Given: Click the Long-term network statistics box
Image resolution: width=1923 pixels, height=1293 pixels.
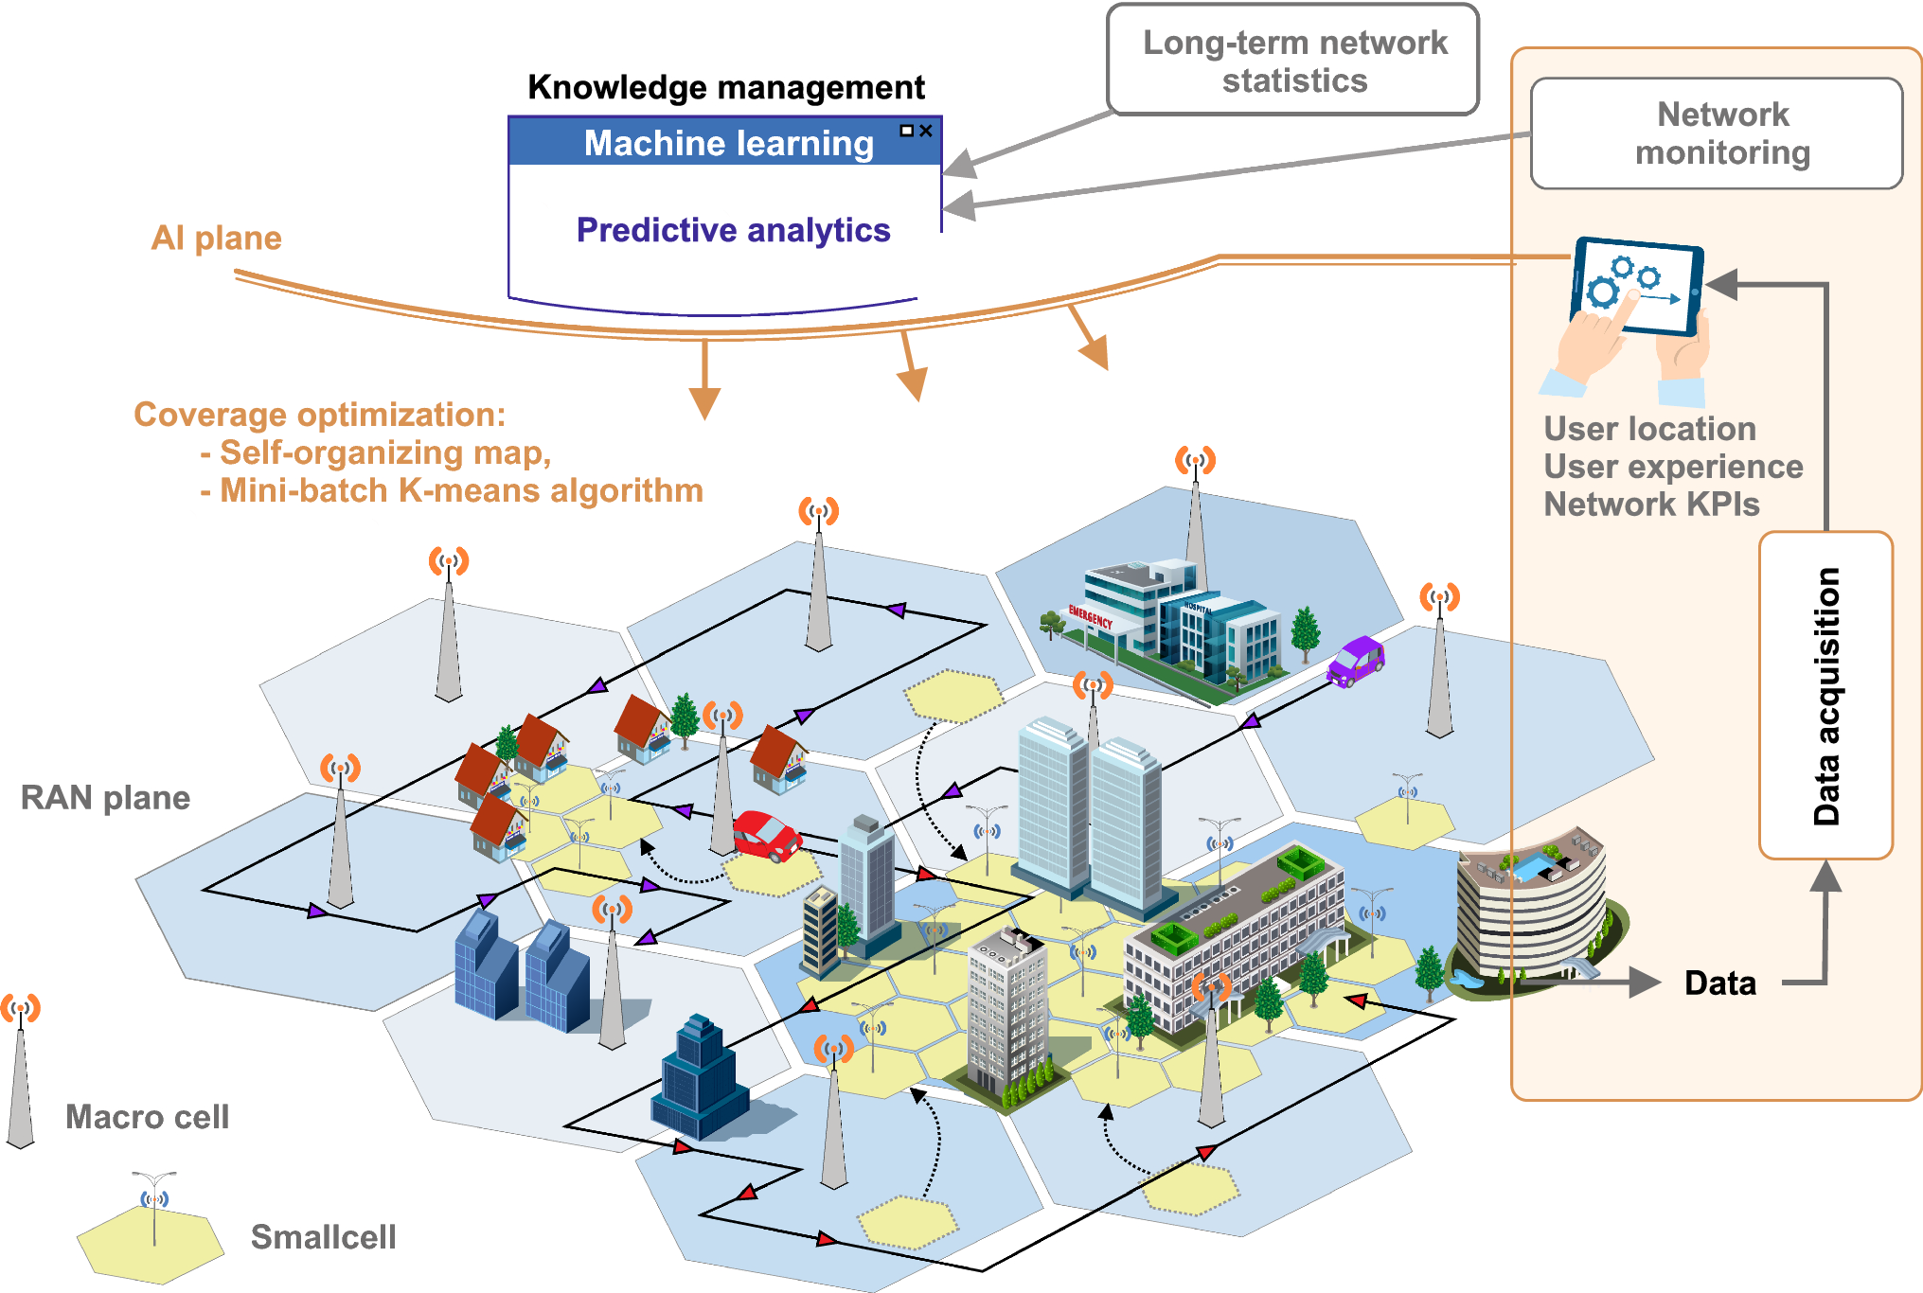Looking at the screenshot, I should (1293, 61).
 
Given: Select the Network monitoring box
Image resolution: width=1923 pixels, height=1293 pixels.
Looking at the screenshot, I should (1716, 133).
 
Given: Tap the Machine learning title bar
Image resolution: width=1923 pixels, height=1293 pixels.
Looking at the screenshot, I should (725, 143).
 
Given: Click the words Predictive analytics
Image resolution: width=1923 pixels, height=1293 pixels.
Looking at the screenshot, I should (733, 230).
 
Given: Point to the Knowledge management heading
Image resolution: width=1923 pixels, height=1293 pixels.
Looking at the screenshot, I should (725, 87).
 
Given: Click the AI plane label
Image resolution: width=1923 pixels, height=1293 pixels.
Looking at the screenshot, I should (217, 238).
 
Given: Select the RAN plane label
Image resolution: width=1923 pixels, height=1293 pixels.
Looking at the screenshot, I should (105, 798).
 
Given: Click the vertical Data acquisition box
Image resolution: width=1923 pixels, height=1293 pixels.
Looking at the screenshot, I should (1825, 696).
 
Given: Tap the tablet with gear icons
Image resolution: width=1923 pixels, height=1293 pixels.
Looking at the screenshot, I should (1636, 287).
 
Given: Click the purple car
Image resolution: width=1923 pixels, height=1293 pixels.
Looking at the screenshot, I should (1356, 661).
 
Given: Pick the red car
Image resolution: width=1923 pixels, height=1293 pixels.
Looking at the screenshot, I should (766, 835).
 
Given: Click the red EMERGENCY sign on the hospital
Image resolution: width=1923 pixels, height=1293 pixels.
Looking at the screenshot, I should (1090, 617).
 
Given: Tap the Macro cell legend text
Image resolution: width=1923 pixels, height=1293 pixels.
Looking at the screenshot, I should (147, 1117).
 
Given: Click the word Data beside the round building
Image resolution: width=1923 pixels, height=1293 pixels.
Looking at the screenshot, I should (1719, 983).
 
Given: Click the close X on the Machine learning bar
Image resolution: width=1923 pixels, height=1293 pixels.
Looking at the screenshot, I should (926, 131).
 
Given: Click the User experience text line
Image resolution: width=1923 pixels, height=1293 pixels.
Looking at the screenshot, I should (1673, 467).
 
